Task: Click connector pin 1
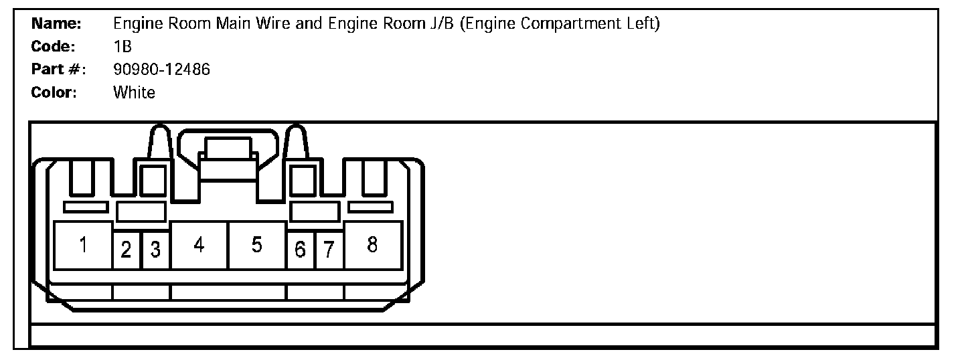coord(83,246)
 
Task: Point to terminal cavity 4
coord(199,246)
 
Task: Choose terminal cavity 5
coord(257,246)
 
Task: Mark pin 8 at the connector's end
coord(372,246)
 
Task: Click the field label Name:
coord(57,24)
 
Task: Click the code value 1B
coord(123,47)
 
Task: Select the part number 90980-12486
coord(162,70)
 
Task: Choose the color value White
coord(134,92)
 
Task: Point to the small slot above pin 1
coord(86,207)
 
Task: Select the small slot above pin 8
coord(371,207)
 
